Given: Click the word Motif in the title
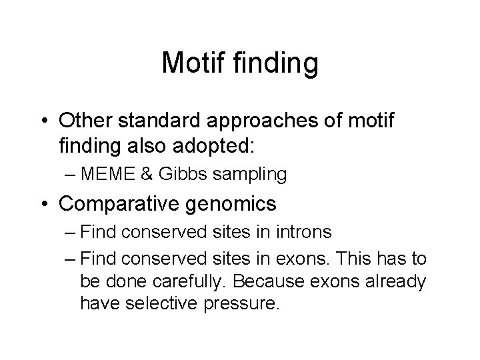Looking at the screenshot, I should (x=193, y=63).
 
